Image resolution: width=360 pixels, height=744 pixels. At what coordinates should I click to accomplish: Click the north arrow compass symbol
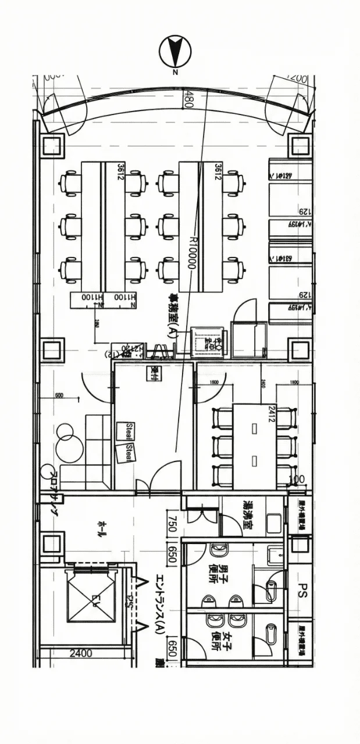175,51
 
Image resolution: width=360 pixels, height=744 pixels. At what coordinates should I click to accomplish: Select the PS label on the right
302,591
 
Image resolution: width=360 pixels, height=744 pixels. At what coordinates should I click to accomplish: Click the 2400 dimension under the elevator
81,653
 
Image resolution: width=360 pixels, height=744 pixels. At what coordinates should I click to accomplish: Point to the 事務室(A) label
173,317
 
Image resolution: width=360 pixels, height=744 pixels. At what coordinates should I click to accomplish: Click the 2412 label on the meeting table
272,413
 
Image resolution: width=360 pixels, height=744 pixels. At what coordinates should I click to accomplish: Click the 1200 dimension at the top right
297,77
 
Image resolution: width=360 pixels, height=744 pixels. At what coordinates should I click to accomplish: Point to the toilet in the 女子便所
270,631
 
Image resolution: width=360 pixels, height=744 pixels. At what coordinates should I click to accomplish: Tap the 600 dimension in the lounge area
59,396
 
